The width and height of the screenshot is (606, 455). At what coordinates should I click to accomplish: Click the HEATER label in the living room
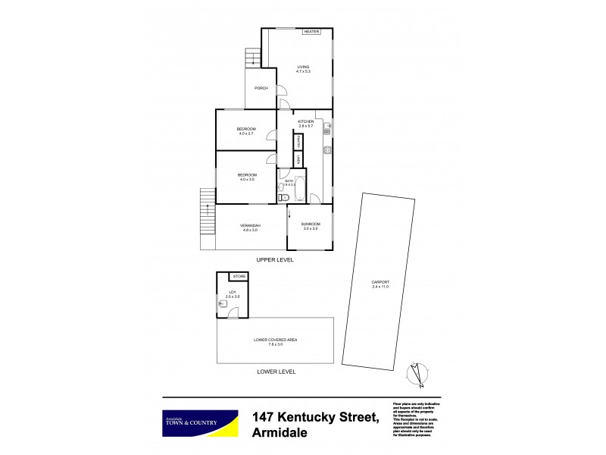(x=311, y=32)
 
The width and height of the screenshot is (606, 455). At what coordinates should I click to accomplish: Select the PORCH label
(x=261, y=88)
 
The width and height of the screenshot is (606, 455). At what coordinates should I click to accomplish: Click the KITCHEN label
(x=305, y=123)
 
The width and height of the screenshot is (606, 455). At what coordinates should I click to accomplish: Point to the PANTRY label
(x=299, y=141)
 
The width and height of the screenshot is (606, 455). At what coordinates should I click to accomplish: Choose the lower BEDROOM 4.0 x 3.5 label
(x=247, y=177)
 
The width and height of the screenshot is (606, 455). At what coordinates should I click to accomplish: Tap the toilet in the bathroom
(x=283, y=198)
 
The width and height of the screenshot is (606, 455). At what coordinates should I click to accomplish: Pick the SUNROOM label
(x=311, y=225)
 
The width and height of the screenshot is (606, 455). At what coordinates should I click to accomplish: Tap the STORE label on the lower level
(x=238, y=276)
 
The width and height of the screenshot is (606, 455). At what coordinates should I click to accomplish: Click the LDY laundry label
(x=233, y=293)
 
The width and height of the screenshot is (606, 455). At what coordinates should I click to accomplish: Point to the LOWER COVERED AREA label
(x=275, y=340)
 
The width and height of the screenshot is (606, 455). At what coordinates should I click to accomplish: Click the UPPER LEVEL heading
(x=274, y=260)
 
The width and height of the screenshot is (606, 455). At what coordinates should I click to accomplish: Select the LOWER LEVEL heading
(x=276, y=372)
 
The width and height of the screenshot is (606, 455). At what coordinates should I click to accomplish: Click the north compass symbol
(x=415, y=373)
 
